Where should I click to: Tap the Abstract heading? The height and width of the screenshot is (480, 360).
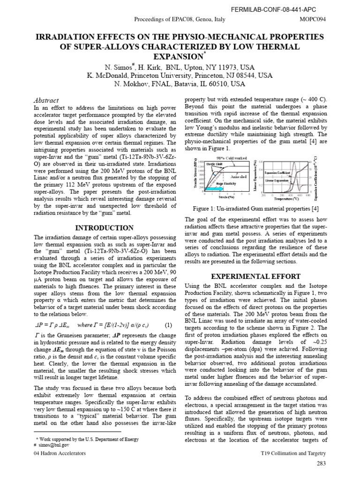46,100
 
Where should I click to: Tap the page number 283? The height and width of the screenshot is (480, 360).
321,463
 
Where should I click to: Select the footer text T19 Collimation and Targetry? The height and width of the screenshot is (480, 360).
293,454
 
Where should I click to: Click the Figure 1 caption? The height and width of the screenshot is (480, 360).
256,208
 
